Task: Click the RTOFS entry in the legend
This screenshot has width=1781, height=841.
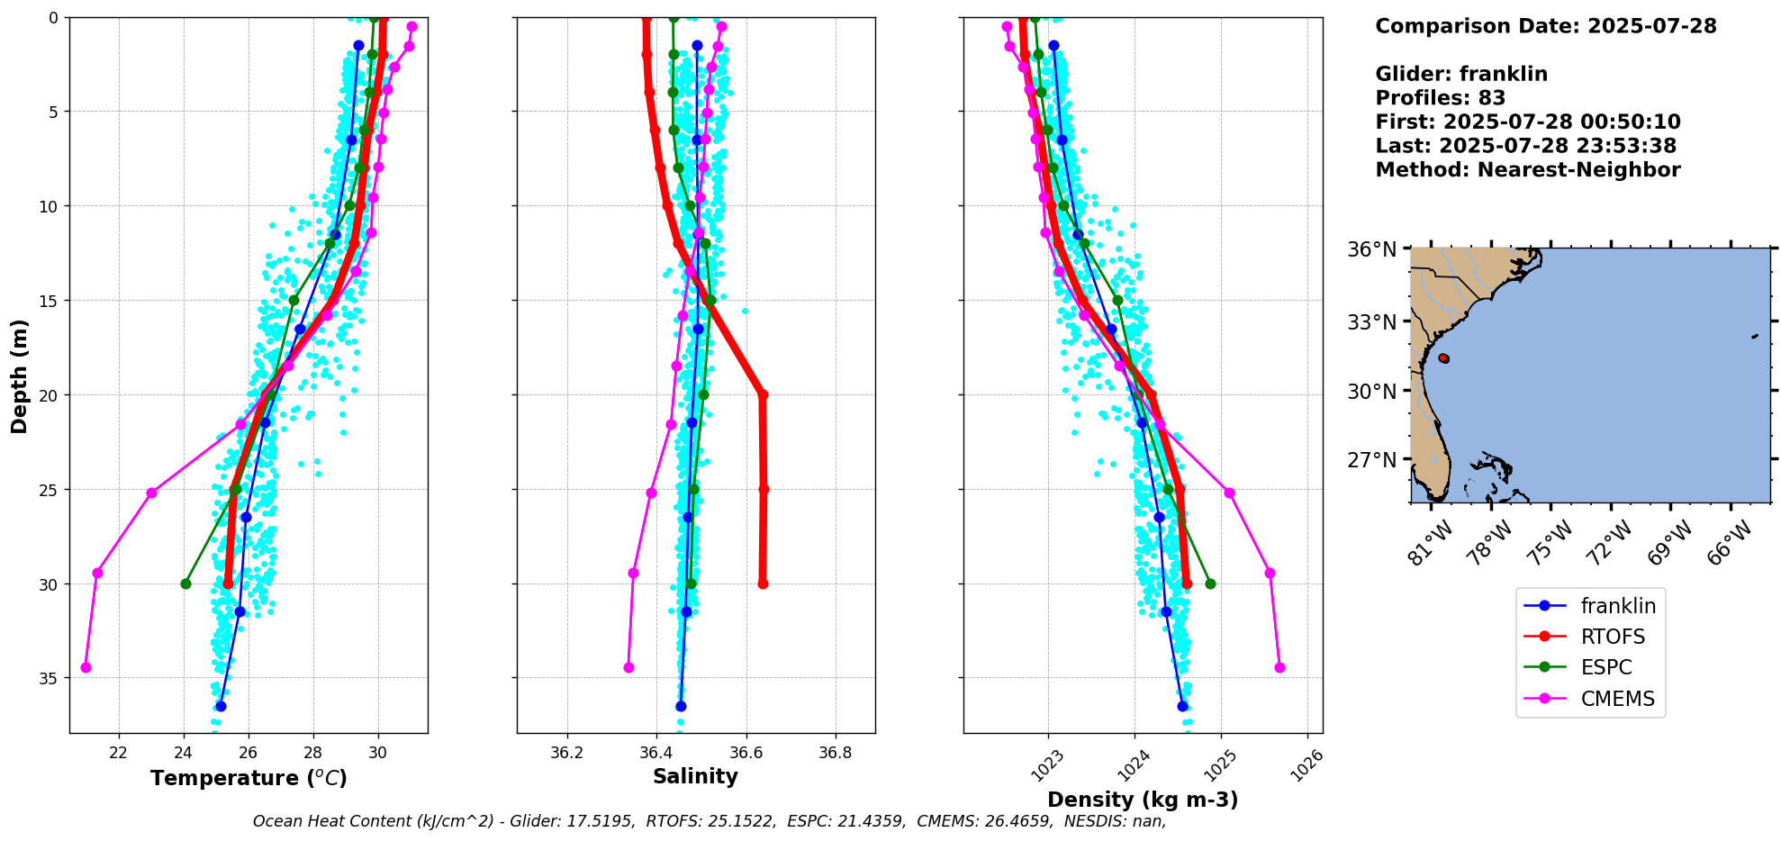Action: click(x=1612, y=637)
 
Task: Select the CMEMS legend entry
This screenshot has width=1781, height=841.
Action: click(x=1617, y=699)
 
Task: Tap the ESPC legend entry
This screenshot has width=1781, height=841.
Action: click(x=1606, y=667)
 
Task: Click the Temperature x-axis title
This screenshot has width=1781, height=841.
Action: click(x=249, y=778)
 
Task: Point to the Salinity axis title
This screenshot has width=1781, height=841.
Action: click(x=695, y=776)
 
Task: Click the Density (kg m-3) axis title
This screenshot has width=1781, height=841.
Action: click(x=1143, y=800)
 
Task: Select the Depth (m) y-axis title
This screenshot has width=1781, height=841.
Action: click(x=19, y=375)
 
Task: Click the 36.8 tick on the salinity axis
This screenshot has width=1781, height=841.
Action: click(x=835, y=753)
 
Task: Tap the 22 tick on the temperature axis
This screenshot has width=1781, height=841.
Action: click(x=119, y=753)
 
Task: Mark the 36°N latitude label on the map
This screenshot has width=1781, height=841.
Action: click(x=1371, y=249)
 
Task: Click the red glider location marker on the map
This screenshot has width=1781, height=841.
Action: click(x=1443, y=358)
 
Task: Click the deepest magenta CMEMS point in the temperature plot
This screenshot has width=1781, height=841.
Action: click(x=86, y=667)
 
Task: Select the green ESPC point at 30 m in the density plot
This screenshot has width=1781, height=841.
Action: click(x=1210, y=583)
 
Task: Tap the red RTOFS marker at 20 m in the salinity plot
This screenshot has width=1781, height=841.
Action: click(x=763, y=394)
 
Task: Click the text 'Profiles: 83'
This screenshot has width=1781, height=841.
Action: click(x=1440, y=98)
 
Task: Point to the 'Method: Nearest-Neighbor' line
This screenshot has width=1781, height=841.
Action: click(x=1527, y=170)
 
